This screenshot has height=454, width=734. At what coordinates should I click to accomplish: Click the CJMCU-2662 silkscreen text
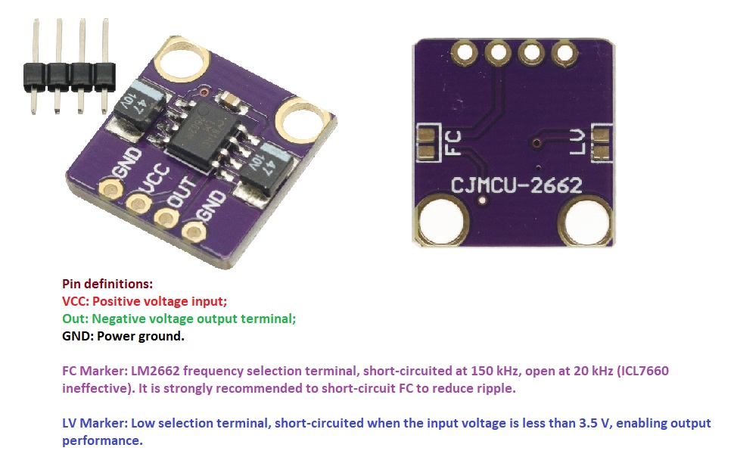(516, 185)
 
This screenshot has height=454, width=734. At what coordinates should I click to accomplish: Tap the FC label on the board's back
(453, 143)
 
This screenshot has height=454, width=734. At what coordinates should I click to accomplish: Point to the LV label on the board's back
(577, 142)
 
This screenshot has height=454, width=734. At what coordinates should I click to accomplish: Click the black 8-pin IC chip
(204, 135)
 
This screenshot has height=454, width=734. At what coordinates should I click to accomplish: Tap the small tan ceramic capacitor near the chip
(230, 100)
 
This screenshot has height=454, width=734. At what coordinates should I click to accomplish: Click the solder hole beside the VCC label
(138, 204)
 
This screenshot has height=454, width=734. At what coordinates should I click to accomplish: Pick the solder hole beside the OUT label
(166, 218)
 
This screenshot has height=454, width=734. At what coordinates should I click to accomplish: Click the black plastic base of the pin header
(70, 77)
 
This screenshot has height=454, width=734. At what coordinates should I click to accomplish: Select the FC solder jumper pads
(427, 143)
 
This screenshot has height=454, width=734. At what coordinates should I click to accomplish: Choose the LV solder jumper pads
(601, 143)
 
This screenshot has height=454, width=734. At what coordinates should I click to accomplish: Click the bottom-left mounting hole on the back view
(442, 220)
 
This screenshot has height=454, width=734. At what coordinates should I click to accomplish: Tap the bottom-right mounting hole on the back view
(587, 220)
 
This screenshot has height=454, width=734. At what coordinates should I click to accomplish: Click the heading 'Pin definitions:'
(107, 284)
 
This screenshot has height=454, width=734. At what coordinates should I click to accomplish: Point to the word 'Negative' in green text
(119, 319)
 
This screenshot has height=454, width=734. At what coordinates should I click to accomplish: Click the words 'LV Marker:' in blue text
(95, 423)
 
